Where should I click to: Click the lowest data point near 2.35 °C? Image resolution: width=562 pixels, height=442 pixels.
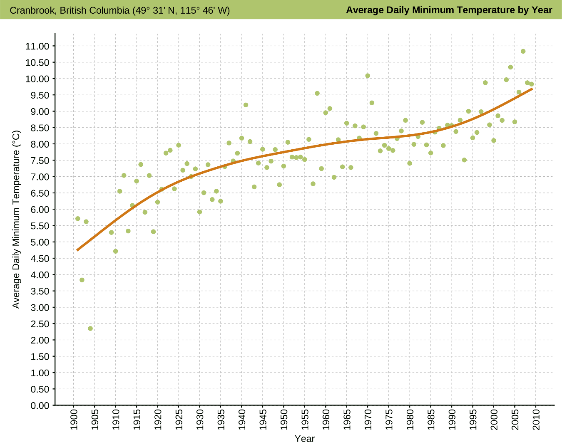[90, 328]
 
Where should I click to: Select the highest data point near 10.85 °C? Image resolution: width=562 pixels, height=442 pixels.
[523, 52]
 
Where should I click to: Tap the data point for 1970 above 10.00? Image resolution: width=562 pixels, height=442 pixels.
[368, 76]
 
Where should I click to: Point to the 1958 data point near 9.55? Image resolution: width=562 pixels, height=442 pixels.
[317, 94]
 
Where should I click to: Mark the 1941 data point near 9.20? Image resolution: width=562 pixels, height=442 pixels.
[246, 105]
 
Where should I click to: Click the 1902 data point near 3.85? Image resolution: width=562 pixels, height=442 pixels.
[82, 280]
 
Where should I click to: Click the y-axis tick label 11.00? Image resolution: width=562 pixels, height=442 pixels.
[37, 46]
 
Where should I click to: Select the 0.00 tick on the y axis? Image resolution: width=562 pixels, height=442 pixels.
[40, 405]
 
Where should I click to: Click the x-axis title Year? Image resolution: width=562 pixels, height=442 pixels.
[304, 438]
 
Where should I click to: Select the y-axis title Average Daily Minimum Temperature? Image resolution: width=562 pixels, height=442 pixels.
[16, 219]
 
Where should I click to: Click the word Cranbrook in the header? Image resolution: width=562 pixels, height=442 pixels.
[32, 10]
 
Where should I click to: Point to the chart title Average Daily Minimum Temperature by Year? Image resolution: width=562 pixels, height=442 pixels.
[449, 10]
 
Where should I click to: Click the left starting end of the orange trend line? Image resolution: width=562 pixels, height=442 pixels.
[77, 250]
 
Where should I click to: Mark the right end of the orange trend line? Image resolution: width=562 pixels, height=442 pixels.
[532, 89]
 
